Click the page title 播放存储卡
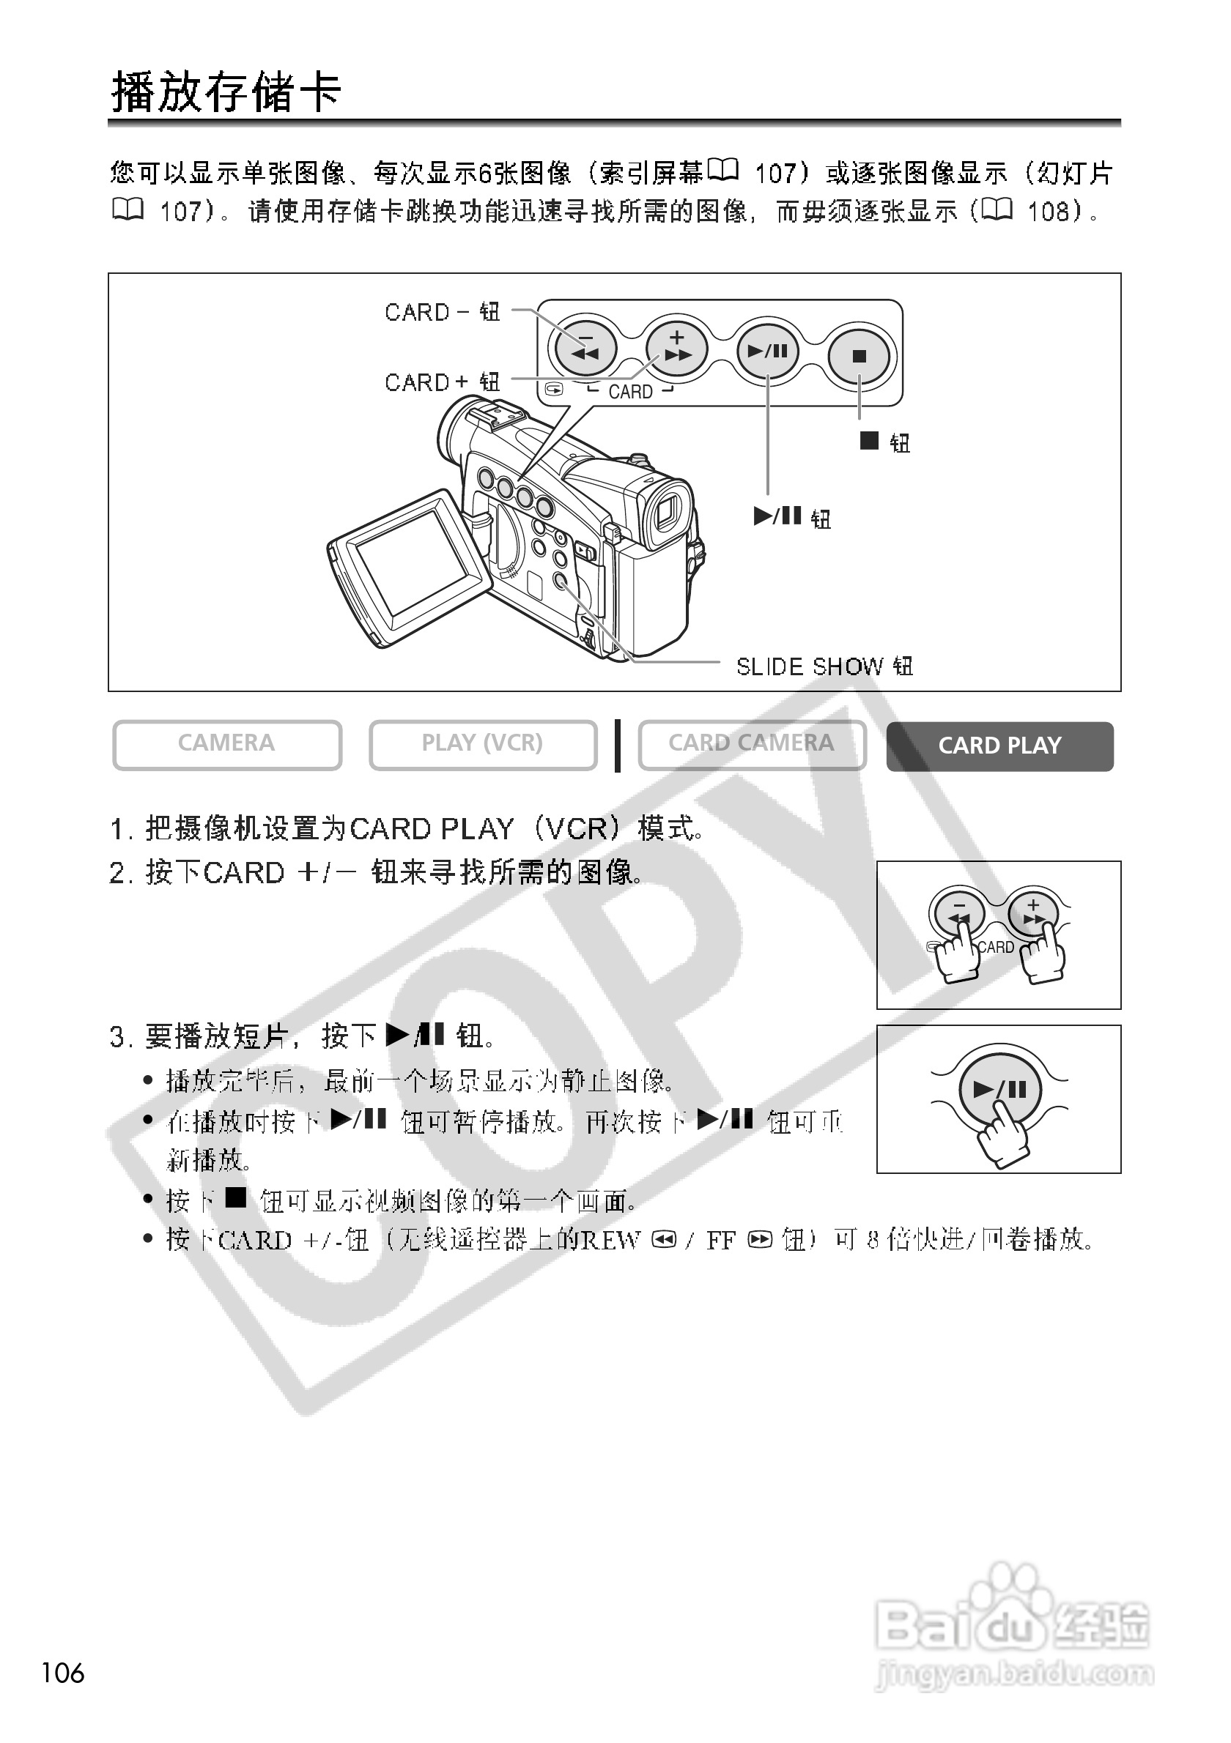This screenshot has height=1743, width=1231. [226, 92]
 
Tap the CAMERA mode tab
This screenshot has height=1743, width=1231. [226, 743]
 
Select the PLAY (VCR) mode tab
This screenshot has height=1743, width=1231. [482, 743]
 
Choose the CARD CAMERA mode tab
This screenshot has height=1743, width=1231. [751, 743]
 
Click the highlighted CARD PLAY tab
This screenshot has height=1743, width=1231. [999, 746]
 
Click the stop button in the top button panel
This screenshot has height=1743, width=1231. [859, 355]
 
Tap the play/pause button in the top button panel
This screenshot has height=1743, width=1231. [768, 351]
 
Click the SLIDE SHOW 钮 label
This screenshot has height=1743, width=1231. [824, 666]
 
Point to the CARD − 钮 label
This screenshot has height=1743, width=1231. [442, 312]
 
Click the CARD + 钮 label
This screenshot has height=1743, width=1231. [442, 382]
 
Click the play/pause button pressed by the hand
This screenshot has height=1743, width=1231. [999, 1090]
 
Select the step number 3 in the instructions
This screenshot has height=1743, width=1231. [117, 1036]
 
